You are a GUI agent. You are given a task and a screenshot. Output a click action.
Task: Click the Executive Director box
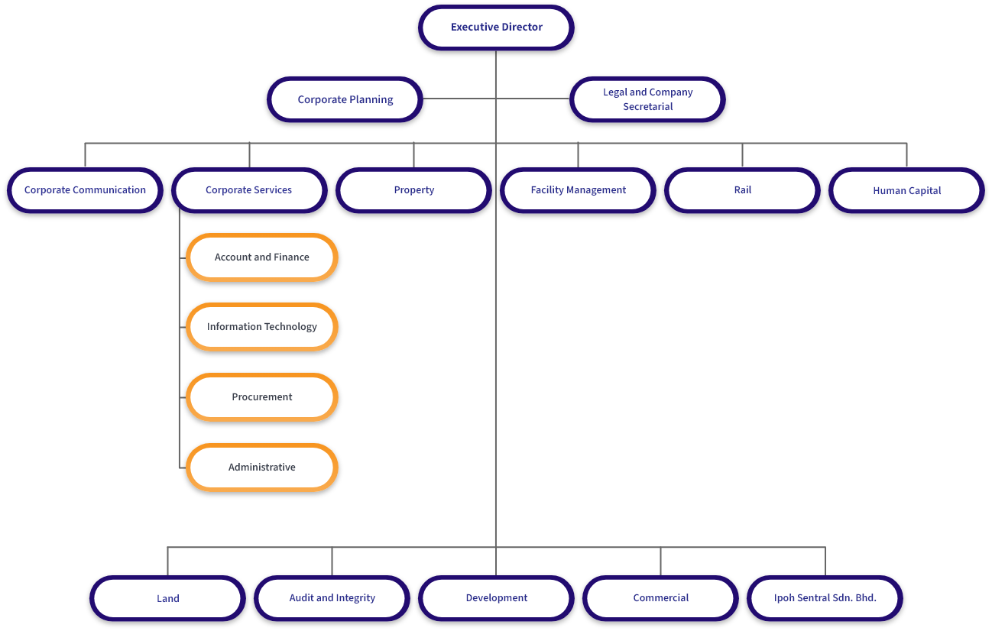pyautogui.click(x=496, y=28)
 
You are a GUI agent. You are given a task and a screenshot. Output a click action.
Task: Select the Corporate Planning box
pyautogui.click(x=345, y=99)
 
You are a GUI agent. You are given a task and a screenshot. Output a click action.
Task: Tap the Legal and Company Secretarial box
pyautogui.click(x=647, y=99)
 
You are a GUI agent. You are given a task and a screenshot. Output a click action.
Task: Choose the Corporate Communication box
pyautogui.click(x=85, y=190)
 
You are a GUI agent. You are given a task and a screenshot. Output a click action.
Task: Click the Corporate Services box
pyautogui.click(x=249, y=190)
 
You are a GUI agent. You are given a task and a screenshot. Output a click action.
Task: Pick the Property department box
pyautogui.click(x=413, y=190)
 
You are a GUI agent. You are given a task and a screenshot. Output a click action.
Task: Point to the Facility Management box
pyautogui.click(x=578, y=190)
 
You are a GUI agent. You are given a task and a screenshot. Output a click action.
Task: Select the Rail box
pyautogui.click(x=742, y=190)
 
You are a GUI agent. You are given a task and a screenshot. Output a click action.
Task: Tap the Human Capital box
pyautogui.click(x=906, y=190)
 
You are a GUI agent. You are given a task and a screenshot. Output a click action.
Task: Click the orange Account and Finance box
pyautogui.click(x=262, y=257)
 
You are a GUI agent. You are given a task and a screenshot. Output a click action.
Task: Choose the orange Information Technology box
pyautogui.click(x=262, y=327)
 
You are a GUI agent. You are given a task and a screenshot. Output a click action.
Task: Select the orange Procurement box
pyautogui.click(x=262, y=397)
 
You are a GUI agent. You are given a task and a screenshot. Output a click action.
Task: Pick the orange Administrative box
pyautogui.click(x=262, y=468)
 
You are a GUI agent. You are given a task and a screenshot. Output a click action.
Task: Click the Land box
pyautogui.click(x=167, y=598)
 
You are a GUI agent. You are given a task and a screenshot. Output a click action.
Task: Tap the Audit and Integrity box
pyautogui.click(x=332, y=598)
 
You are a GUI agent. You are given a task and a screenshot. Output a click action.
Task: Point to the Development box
pyautogui.click(x=496, y=598)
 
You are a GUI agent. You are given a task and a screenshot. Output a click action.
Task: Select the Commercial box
pyautogui.click(x=660, y=598)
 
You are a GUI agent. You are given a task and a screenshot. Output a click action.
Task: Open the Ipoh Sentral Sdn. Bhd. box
pyautogui.click(x=825, y=598)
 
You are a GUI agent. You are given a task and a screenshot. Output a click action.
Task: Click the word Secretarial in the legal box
pyautogui.click(x=647, y=107)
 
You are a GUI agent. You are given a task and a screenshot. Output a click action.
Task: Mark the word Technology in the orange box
pyautogui.click(x=290, y=327)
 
